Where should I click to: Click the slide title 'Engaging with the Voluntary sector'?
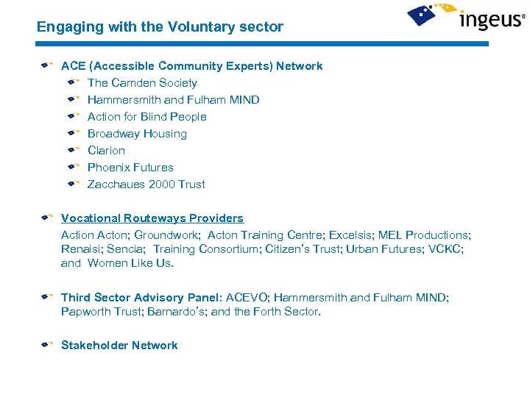[160, 27]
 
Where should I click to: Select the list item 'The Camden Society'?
[142, 83]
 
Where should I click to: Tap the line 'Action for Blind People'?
[146, 117]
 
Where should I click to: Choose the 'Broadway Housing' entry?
[137, 134]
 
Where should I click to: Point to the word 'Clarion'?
[106, 151]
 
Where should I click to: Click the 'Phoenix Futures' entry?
[130, 168]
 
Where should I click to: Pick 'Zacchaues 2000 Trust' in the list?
[146, 185]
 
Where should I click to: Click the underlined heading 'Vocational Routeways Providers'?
[152, 218]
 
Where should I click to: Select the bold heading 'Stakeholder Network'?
[119, 346]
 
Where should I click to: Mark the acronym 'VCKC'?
[449, 249]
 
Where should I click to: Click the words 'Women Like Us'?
[130, 263]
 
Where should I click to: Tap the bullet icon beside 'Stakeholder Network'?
[46, 344]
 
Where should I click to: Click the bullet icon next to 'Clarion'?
[71, 150]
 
